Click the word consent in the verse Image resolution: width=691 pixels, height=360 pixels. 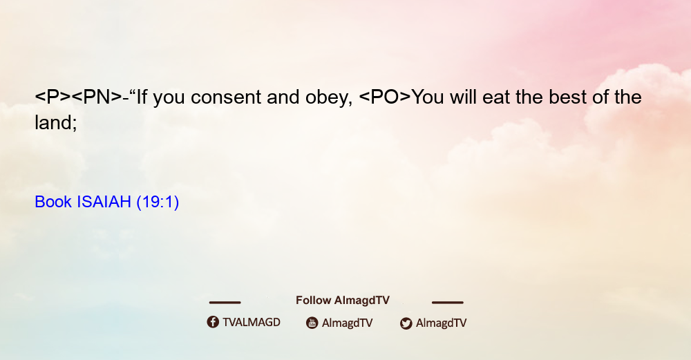point(226,97)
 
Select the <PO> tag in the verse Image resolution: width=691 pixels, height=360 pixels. point(385,97)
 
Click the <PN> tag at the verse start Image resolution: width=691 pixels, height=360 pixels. point(96,97)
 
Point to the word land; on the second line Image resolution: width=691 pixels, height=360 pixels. point(56,122)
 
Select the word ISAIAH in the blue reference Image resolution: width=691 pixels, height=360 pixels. point(104,202)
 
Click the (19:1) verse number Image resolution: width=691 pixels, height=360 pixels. point(158,202)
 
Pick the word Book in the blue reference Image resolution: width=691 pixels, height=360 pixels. point(53,202)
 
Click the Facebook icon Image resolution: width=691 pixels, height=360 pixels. point(213,322)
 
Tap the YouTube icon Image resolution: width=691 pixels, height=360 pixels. point(312,323)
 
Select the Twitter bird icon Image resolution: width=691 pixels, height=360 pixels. point(406,323)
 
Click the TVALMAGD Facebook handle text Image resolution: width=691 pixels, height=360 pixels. point(252,323)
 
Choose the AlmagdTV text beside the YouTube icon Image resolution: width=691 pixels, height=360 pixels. point(348,323)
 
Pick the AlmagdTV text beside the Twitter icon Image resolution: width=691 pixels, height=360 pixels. point(441,323)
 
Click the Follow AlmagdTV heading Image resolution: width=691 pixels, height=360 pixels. point(343,301)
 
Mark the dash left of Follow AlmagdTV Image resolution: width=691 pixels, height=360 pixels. point(225,303)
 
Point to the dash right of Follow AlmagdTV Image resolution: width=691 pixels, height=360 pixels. point(448,303)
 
